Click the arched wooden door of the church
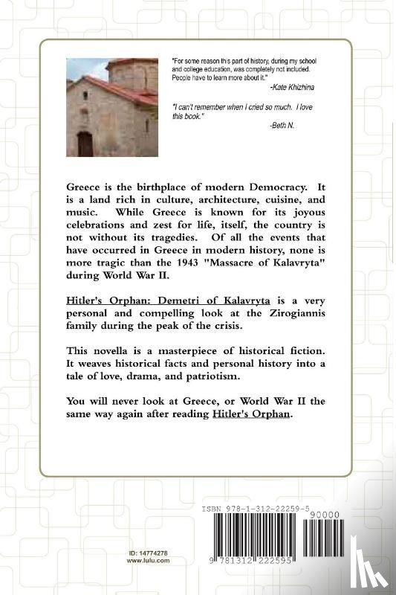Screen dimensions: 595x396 tap(85, 144)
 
